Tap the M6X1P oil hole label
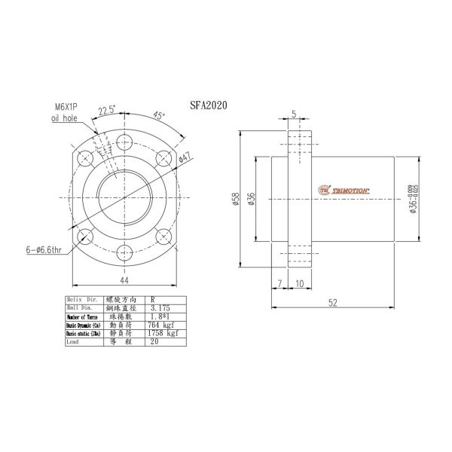[66, 113]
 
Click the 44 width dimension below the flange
[123, 281]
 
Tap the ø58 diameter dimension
[236, 200]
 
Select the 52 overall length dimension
[334, 302]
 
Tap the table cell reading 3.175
[161, 308]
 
